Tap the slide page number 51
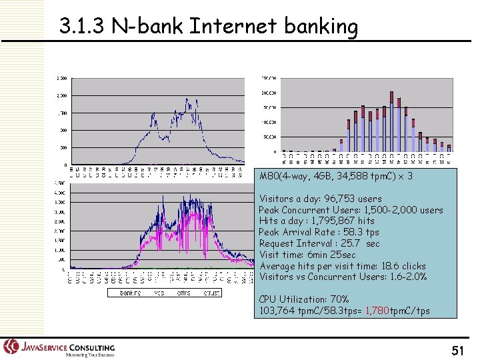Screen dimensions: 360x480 (457, 350)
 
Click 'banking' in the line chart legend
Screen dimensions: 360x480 (130, 293)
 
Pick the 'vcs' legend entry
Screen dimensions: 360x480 (159, 293)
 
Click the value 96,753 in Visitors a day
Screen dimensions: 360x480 (339, 199)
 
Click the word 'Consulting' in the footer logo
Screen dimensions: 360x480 (91, 347)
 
